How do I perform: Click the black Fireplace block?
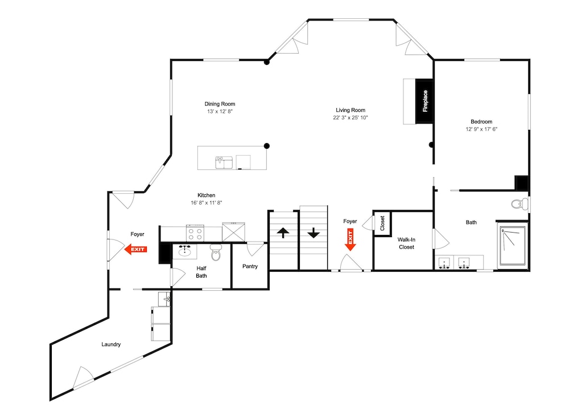(x=424, y=101)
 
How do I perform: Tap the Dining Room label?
(x=220, y=104)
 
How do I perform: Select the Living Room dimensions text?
(x=351, y=117)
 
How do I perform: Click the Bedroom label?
(x=481, y=122)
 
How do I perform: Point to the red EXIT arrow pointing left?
(x=136, y=249)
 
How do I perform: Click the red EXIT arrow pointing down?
(x=350, y=239)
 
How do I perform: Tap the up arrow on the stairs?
(x=283, y=233)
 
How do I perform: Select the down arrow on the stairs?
(x=313, y=233)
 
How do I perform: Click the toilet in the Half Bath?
(x=216, y=253)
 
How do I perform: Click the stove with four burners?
(x=195, y=233)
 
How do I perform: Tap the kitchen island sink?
(x=224, y=162)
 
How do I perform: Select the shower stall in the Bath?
(x=513, y=246)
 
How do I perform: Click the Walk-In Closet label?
(x=406, y=243)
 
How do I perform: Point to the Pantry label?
(x=250, y=266)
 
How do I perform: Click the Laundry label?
(x=111, y=344)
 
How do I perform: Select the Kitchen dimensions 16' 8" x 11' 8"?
(x=207, y=203)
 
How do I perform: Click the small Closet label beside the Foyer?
(x=382, y=223)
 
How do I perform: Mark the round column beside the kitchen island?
(x=267, y=146)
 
